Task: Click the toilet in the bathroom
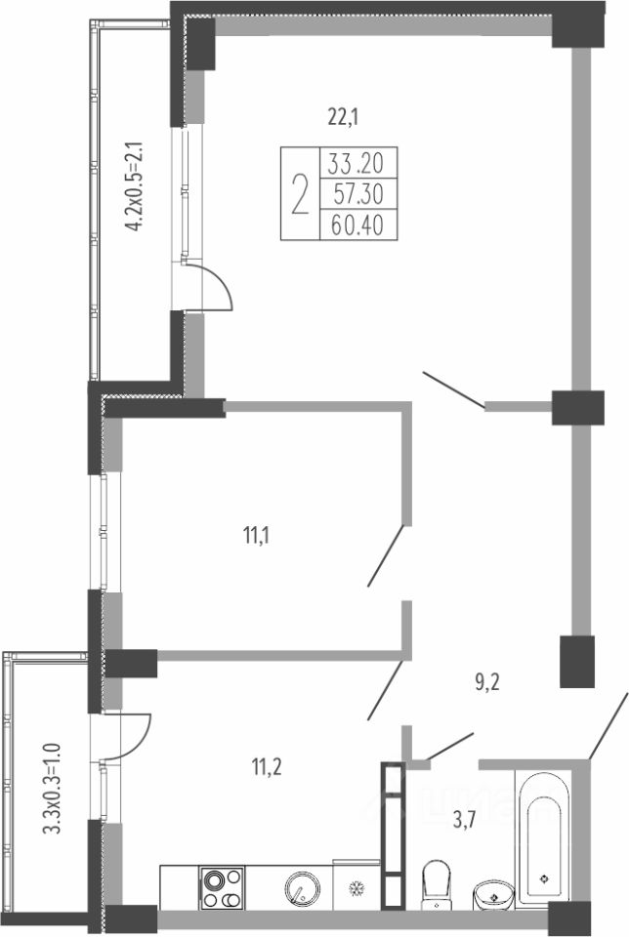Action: click(x=435, y=883)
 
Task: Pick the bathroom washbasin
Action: click(x=492, y=891)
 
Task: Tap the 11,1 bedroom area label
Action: click(x=257, y=534)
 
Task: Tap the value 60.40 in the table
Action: click(x=356, y=225)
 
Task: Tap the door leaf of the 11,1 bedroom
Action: click(x=386, y=556)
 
